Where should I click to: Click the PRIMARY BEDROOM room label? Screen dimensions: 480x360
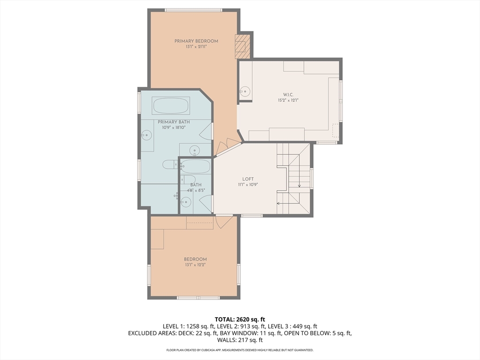(196, 41)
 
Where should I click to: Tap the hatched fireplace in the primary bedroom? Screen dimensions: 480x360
(242, 46)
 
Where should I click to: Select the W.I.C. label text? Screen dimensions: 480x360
(288, 95)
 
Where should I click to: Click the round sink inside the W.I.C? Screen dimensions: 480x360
(245, 91)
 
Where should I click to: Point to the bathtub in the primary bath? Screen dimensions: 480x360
(171, 105)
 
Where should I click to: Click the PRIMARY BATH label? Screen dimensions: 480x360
(174, 122)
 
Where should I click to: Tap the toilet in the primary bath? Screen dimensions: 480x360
(170, 165)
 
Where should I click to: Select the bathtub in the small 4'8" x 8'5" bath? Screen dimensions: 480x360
(195, 166)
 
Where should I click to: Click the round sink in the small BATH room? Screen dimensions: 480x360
(186, 202)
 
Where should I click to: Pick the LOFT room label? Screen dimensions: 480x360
(248, 179)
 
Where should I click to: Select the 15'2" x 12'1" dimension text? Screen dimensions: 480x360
(288, 100)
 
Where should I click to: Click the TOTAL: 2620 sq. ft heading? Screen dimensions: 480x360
(240, 320)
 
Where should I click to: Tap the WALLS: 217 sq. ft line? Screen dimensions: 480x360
(240, 340)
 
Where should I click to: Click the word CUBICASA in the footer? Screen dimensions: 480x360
(209, 350)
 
